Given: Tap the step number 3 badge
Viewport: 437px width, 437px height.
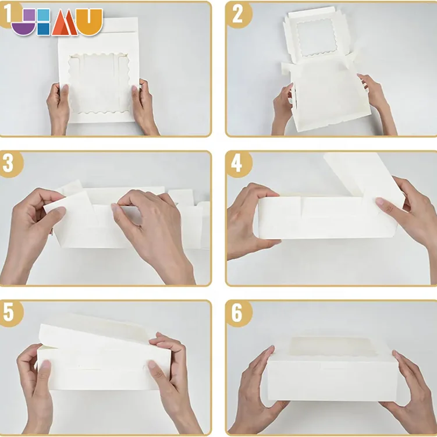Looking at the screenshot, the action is [10, 164].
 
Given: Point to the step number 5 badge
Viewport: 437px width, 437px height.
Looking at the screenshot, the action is [10, 314].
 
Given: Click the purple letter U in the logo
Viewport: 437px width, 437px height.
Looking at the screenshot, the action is [23, 22].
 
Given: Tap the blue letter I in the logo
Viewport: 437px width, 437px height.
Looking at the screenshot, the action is [44, 22].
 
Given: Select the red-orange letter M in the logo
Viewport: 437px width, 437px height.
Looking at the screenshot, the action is [65, 22].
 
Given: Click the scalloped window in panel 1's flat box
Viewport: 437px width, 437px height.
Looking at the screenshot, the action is [100, 83].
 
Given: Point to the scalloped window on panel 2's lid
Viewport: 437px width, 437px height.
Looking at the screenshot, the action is [317, 37].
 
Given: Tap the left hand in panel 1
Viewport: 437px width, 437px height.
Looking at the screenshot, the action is [58, 109].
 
